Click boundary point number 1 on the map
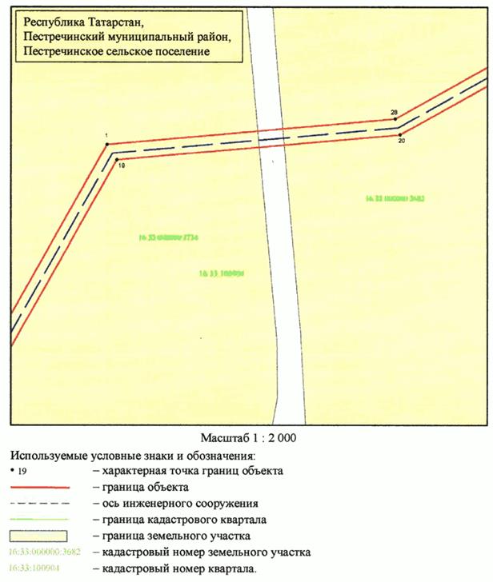click(x=106, y=145)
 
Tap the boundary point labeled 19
click(x=116, y=160)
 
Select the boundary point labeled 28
click(x=397, y=120)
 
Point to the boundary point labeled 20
click(x=399, y=134)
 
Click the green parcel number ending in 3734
click(x=168, y=237)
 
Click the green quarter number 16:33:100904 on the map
click(x=220, y=273)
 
